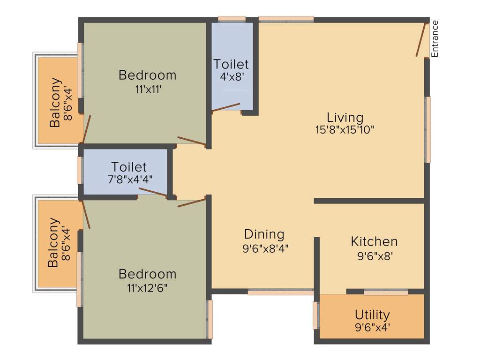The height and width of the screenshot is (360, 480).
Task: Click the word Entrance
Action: [x=435, y=39]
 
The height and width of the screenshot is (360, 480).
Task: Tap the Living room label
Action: [x=345, y=117]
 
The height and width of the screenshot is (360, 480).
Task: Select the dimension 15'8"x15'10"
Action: [x=345, y=130]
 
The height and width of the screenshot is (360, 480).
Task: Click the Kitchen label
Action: [x=374, y=241]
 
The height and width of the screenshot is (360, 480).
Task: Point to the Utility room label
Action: [x=372, y=314]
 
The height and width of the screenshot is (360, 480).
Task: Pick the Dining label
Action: [x=264, y=234]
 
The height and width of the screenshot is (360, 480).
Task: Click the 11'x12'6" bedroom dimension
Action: [x=147, y=287]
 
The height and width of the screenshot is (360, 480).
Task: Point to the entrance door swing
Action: [x=421, y=39]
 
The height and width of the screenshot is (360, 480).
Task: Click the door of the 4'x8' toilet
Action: [x=226, y=107]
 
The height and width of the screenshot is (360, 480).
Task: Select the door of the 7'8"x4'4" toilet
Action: [x=152, y=192]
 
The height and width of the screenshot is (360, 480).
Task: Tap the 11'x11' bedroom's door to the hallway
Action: [x=191, y=141]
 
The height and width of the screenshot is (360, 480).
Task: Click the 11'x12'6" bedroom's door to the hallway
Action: [x=191, y=203]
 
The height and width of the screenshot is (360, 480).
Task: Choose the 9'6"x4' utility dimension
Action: [x=372, y=327]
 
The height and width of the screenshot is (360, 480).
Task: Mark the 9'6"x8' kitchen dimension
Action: [x=374, y=256]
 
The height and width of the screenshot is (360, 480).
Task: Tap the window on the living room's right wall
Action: [x=427, y=129]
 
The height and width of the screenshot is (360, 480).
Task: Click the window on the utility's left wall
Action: [x=316, y=315]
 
